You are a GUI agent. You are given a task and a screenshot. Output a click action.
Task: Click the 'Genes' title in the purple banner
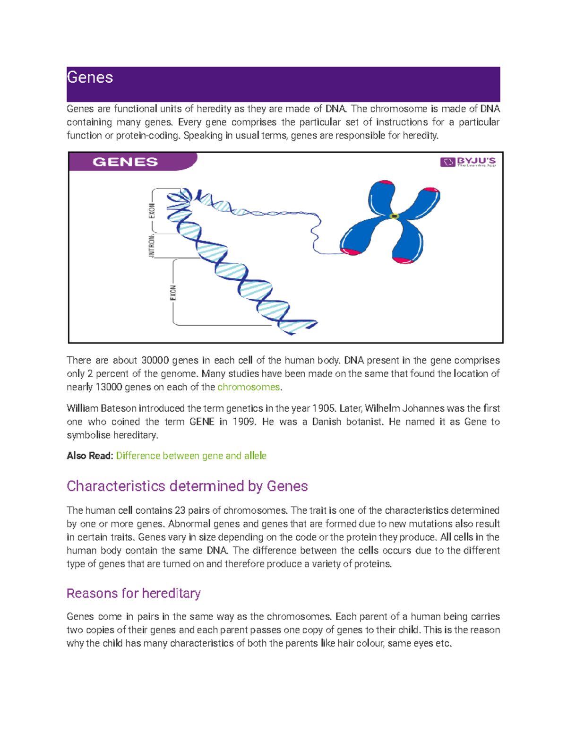[90, 78]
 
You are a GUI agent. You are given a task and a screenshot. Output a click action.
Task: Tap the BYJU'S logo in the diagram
[468, 162]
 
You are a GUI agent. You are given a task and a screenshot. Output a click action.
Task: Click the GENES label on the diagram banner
[125, 162]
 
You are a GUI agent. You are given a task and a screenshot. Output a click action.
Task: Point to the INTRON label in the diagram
[152, 246]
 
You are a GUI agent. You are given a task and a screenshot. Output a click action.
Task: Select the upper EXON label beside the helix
[152, 211]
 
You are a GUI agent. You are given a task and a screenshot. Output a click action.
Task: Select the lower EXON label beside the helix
[173, 293]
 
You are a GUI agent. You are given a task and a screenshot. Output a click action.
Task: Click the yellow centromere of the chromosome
[394, 216]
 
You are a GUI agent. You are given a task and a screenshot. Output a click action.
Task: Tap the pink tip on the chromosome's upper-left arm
[386, 182]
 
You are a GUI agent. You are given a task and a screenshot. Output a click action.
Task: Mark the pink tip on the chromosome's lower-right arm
[404, 260]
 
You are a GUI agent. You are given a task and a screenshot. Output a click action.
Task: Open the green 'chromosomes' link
[249, 387]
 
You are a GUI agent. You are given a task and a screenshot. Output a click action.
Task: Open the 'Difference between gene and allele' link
[191, 456]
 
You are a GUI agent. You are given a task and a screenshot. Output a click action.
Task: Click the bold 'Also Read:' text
[90, 456]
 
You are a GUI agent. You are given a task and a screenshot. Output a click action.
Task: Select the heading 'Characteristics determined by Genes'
[187, 486]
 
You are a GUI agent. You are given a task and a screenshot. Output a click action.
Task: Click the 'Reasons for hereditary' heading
[134, 593]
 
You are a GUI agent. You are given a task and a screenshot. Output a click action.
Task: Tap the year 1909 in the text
[244, 422]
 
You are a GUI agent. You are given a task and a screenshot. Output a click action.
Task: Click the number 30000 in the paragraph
[155, 360]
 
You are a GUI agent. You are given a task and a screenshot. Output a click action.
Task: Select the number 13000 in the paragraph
[108, 387]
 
